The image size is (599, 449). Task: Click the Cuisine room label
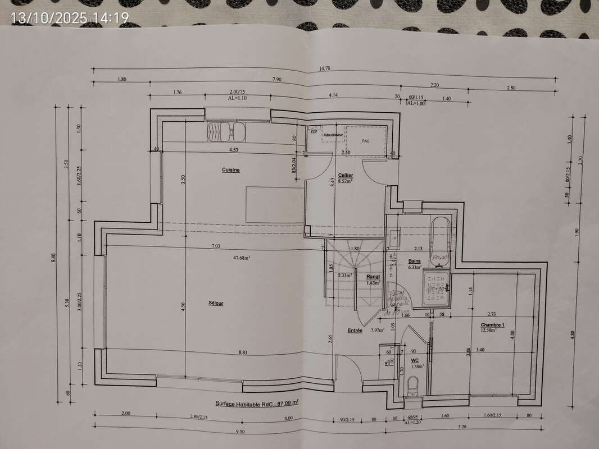[231, 169]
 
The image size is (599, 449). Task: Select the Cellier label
[346, 175]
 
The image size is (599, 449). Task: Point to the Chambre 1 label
[492, 325]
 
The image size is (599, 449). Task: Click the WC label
[415, 360]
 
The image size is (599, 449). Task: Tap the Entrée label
[355, 331]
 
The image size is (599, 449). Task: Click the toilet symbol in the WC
[413, 386]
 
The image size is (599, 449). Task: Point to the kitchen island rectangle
[275, 204]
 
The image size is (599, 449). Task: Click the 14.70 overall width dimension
[325, 68]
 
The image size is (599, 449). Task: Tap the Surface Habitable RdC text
[257, 403]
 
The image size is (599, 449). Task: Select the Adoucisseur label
[333, 135]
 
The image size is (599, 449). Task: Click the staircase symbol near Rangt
[346, 275]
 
